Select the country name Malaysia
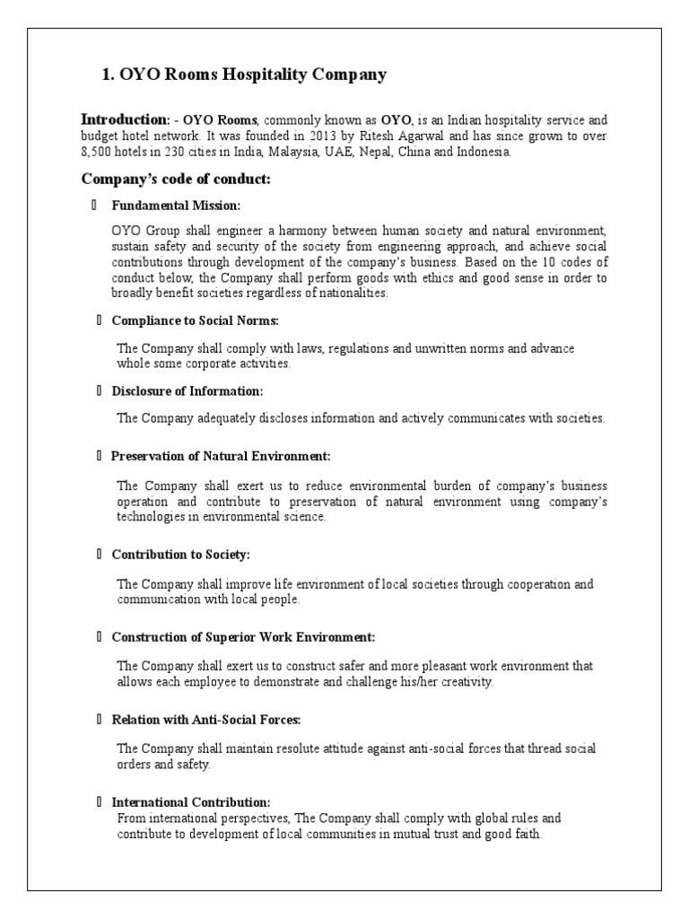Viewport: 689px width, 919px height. tap(310, 152)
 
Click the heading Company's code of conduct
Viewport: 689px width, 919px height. tap(176, 179)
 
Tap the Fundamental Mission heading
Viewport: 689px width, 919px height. tap(176, 206)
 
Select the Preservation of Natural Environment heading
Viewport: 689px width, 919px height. tap(221, 456)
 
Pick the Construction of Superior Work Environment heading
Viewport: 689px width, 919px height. tap(243, 637)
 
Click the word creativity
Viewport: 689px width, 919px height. tap(467, 681)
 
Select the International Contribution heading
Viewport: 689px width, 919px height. tap(190, 801)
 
